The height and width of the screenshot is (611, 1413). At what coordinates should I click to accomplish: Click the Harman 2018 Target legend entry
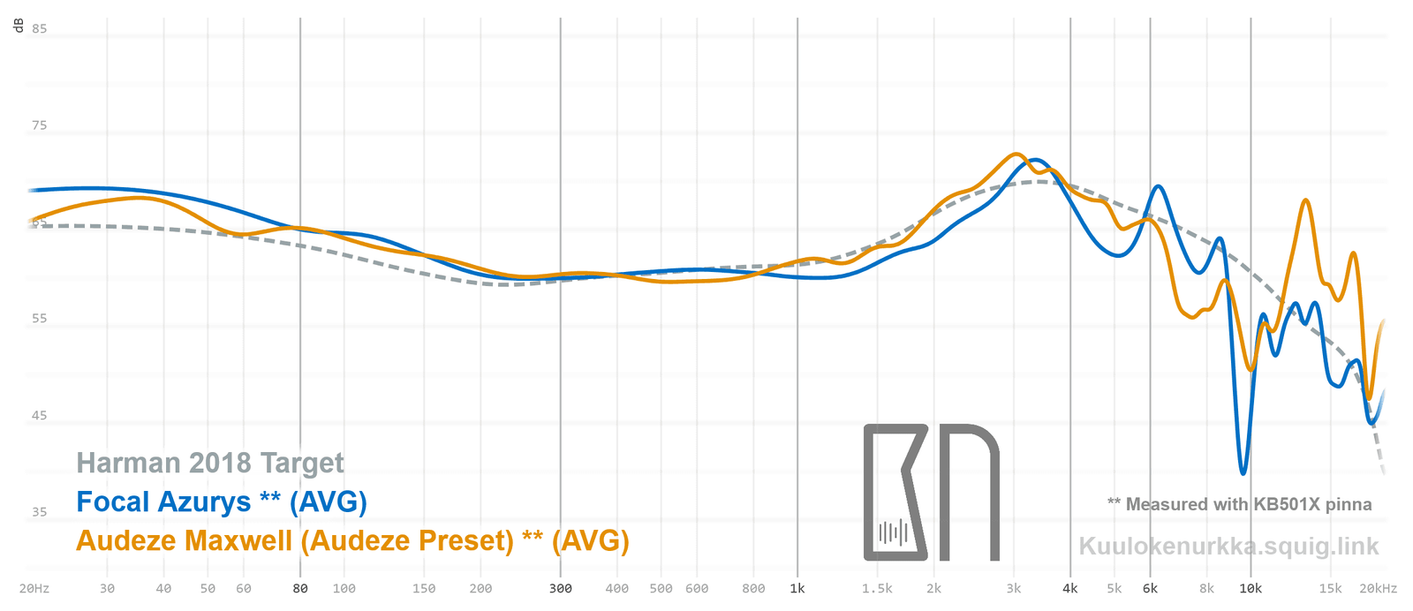click(x=210, y=463)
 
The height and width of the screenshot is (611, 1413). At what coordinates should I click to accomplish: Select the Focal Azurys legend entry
click(x=221, y=502)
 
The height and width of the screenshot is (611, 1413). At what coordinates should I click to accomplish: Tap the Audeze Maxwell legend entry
click(x=352, y=540)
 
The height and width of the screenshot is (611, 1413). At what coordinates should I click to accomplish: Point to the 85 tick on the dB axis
click(x=39, y=28)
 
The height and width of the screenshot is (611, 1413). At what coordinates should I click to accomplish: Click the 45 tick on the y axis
click(x=39, y=415)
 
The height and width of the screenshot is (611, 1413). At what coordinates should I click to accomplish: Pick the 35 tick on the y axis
click(x=39, y=511)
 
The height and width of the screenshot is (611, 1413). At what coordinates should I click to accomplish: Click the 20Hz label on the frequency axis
click(x=34, y=588)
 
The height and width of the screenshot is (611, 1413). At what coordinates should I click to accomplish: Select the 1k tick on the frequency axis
click(x=797, y=588)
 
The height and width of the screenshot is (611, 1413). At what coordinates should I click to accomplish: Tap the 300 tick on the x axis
click(x=560, y=588)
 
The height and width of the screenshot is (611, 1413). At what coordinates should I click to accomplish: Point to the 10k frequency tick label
click(x=1251, y=588)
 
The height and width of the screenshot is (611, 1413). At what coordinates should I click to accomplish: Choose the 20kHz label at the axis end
click(x=1378, y=588)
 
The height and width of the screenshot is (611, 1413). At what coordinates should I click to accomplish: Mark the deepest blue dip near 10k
click(x=1243, y=472)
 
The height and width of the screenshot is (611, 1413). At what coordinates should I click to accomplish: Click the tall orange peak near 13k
click(x=1305, y=201)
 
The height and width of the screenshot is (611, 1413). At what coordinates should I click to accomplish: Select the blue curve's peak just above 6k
click(x=1157, y=187)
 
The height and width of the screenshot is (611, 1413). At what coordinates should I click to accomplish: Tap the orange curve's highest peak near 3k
click(x=1016, y=155)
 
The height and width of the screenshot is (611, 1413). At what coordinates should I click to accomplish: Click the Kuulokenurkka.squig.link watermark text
click(x=1228, y=546)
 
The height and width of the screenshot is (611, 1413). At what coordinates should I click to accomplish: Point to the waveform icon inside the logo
click(x=893, y=532)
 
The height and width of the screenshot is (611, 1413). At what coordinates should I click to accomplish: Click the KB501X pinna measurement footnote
click(x=1240, y=504)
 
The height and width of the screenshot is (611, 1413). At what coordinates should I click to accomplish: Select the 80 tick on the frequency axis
click(x=300, y=588)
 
